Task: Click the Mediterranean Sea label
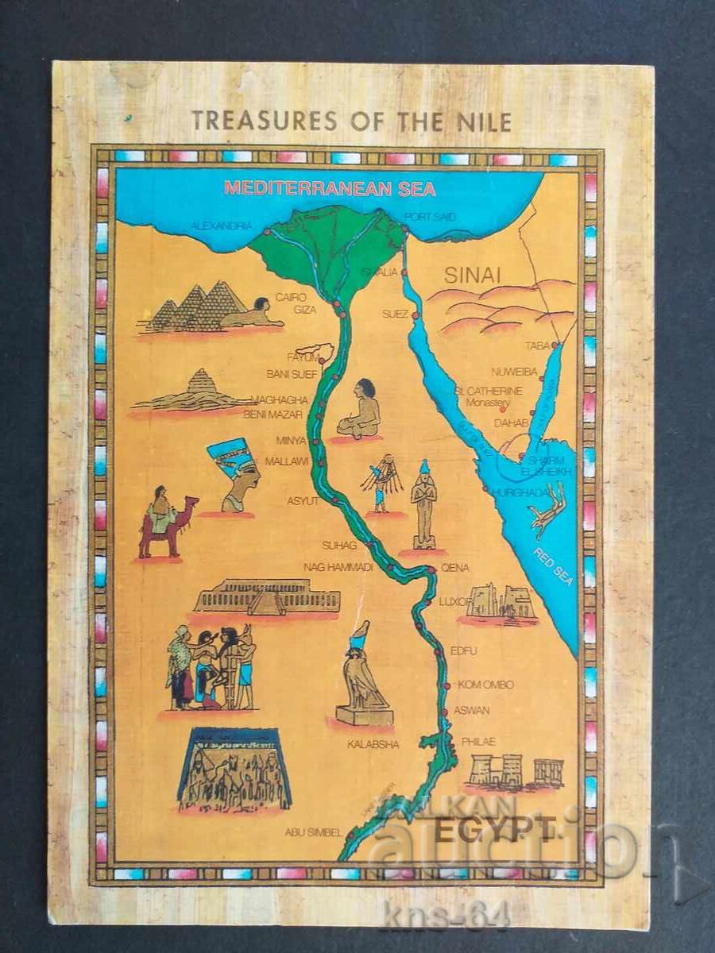pyautogui.click(x=330, y=189)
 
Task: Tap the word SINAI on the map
pyautogui.click(x=472, y=276)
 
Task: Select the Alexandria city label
pyautogui.click(x=222, y=226)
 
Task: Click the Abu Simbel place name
pyautogui.click(x=314, y=832)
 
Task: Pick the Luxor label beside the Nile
pyautogui.click(x=455, y=601)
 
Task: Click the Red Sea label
pyautogui.click(x=553, y=566)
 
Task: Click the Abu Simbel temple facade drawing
pyautogui.click(x=234, y=768)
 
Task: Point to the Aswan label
pyautogui.click(x=471, y=711)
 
